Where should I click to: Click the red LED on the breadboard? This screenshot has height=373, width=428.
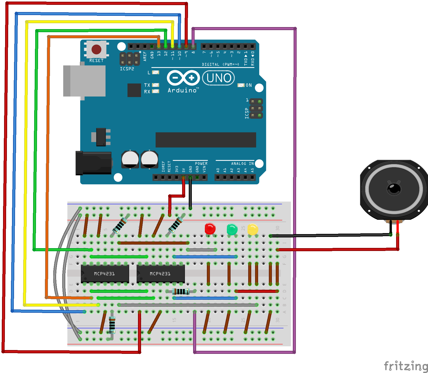210,228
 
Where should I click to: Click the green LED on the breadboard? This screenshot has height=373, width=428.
232,229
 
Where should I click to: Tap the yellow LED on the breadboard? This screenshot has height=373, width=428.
253,229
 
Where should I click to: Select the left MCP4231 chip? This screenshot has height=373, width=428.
105,274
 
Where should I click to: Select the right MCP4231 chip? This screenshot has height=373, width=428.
160,274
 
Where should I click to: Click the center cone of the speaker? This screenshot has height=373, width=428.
394,189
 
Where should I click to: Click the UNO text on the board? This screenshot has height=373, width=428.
219,78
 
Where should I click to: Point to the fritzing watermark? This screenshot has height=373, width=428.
406,366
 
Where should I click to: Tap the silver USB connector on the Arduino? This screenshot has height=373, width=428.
84,81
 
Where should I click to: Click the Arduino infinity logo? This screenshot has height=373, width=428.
183,78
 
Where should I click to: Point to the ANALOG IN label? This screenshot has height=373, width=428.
242,163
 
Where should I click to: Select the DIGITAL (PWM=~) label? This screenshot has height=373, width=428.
220,64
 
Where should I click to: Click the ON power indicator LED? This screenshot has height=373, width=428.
241,85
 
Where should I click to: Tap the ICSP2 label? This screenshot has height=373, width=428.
127,69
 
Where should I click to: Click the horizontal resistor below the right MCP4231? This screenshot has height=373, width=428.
181,291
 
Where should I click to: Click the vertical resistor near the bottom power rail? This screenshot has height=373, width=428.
112,325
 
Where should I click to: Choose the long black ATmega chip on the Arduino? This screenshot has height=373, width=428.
206,140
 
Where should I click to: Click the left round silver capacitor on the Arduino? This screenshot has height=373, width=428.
130,159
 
